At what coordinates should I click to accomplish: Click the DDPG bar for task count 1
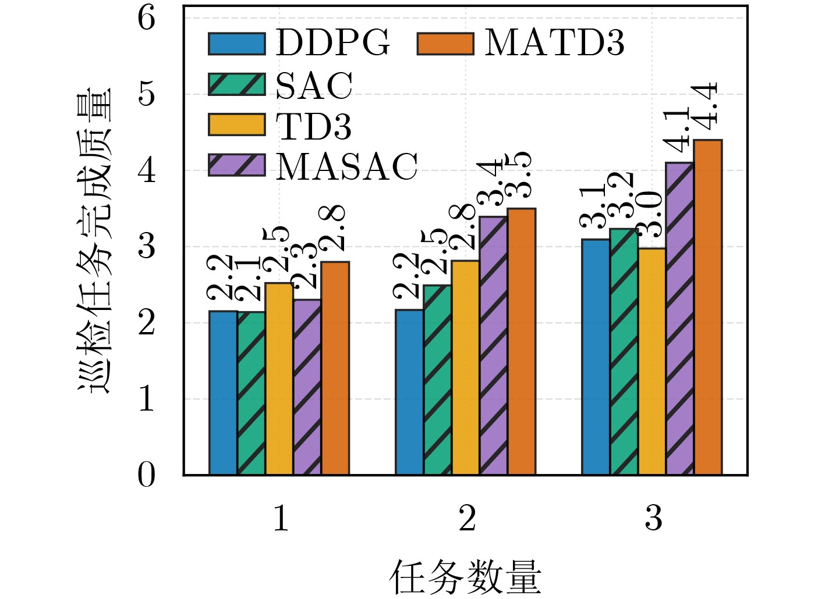[223, 393]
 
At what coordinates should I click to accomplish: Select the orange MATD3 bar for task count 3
[708, 308]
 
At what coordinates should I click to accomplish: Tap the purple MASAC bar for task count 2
[493, 346]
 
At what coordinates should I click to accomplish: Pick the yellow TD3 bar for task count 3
[651, 362]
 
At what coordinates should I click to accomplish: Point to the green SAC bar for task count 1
[251, 394]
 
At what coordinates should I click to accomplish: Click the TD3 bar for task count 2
[465, 368]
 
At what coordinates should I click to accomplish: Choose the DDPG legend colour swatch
[237, 44]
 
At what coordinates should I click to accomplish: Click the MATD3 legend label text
[554, 43]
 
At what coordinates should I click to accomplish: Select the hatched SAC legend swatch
[237, 84]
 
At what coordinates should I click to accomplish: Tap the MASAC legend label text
[347, 167]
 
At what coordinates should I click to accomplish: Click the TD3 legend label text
[314, 126]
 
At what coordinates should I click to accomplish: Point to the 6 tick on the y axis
[147, 19]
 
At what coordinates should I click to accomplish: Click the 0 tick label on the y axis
[147, 475]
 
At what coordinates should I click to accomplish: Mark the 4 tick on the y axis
[147, 171]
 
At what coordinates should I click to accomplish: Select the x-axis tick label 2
[467, 518]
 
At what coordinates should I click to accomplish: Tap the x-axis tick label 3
[653, 518]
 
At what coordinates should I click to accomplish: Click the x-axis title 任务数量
[465, 577]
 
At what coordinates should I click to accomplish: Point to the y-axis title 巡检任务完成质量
[94, 241]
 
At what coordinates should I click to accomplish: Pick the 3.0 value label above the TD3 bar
[650, 215]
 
